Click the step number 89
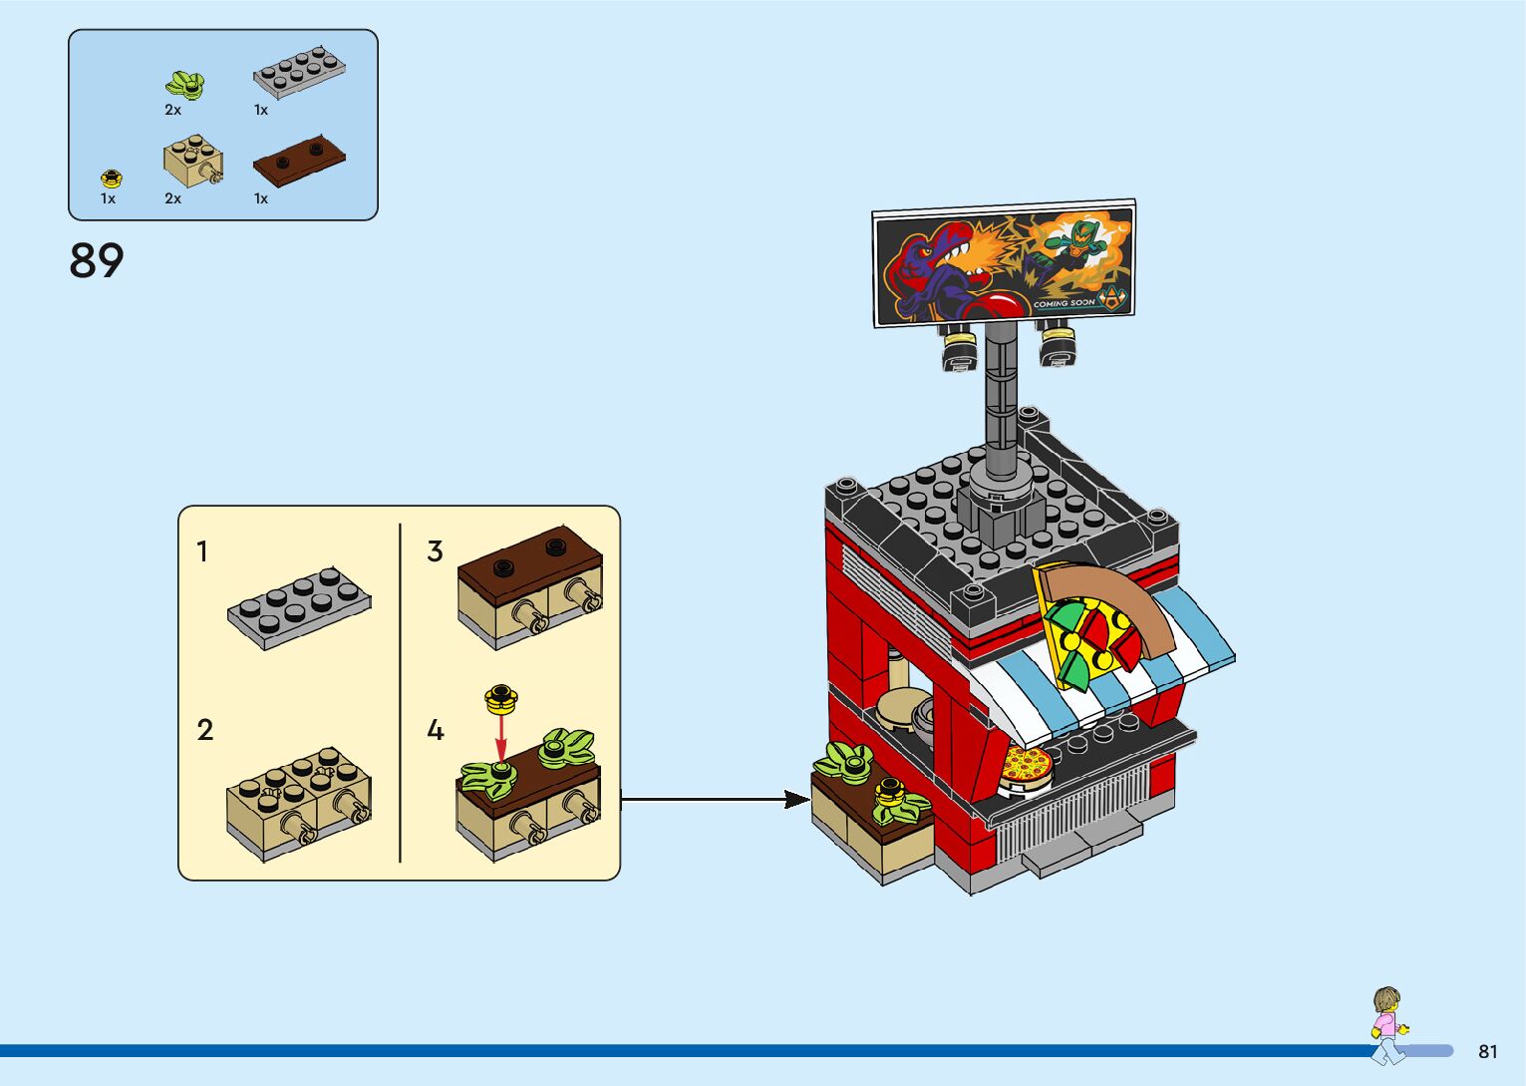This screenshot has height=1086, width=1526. [x=97, y=261]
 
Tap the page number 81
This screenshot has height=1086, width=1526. [x=1487, y=1051]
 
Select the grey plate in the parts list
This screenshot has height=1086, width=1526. [x=298, y=72]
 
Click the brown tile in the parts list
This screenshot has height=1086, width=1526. [x=298, y=159]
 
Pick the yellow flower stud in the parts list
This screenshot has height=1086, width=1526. [x=112, y=179]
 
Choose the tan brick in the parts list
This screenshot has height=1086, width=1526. [x=192, y=160]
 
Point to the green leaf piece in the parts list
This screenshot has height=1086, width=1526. [x=185, y=85]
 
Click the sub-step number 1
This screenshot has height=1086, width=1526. [x=202, y=551]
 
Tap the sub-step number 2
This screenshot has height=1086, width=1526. [x=205, y=730]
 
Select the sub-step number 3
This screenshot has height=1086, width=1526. [x=435, y=551]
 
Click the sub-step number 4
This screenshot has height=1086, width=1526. [x=436, y=731]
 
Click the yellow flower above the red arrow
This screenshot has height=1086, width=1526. [x=501, y=698]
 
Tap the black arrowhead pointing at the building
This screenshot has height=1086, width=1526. [x=795, y=799]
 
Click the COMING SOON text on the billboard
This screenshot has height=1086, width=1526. [x=1064, y=303]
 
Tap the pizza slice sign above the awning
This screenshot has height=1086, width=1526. [x=1091, y=623]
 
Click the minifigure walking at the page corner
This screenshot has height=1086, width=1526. [x=1386, y=1022]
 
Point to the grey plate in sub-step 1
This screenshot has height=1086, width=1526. [x=298, y=607]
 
